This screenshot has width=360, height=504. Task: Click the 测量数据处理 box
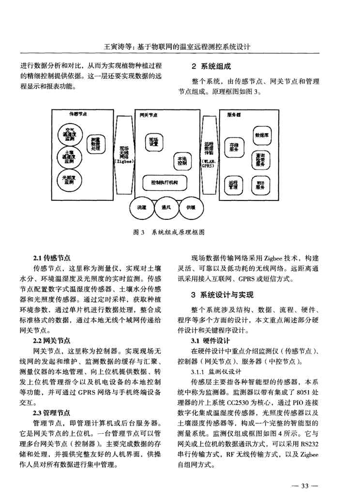point(96,144)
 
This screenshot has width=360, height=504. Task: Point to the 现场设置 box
point(153,141)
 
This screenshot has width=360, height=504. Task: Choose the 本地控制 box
point(182,160)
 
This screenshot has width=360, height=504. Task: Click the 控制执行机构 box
point(165,183)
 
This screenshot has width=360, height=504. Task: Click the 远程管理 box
point(234,184)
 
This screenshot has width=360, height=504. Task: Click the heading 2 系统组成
point(210,67)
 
